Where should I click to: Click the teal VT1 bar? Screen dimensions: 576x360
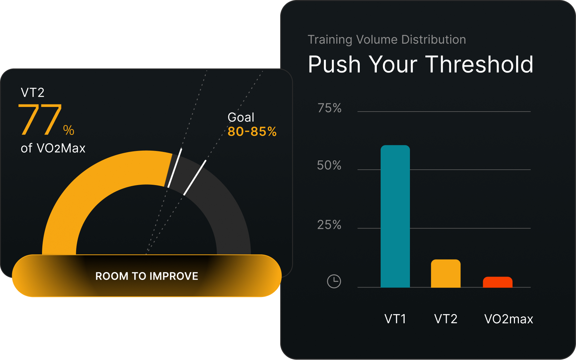coord(395,216)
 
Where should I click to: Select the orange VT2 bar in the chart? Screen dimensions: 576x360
coord(446,273)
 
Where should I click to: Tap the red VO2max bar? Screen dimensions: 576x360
coord(498,282)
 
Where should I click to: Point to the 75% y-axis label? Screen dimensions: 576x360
coord(329,108)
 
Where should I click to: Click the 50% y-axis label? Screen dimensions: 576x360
coord(329,165)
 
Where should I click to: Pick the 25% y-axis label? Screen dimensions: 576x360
coord(329,225)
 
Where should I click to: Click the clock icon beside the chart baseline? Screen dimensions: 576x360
coord(334,281)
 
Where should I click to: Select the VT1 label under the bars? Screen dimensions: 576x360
coord(395,319)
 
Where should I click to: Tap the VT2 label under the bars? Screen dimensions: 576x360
coord(446,319)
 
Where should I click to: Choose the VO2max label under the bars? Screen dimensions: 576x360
coord(509,319)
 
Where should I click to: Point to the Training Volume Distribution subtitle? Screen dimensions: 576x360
coord(387,40)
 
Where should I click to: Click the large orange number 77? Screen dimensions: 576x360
coord(40,120)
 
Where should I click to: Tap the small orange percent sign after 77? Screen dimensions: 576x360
coord(69,130)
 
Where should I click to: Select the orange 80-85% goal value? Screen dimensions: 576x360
coord(252,132)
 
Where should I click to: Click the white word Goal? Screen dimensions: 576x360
coord(241,117)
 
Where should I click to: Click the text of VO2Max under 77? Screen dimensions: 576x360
coord(53,148)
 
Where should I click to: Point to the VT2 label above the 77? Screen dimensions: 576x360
coord(32,93)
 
